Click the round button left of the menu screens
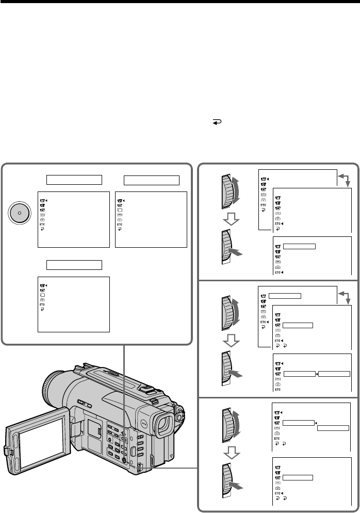(x=19, y=213)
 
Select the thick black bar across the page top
(x=180, y=3)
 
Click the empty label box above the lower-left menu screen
(x=73, y=265)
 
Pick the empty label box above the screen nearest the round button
(x=73, y=180)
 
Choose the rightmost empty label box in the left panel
(x=151, y=180)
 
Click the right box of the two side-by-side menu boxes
(x=334, y=374)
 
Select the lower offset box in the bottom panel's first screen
(x=333, y=428)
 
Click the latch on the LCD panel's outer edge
(x=8, y=450)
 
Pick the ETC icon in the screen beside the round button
(x=41, y=225)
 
